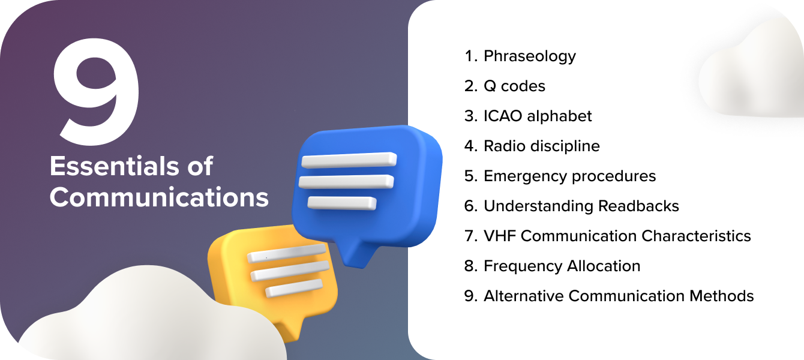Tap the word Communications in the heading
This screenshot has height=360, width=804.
[159, 197]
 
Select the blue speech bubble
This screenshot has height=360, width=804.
[366, 180]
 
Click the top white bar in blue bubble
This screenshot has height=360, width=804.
[349, 160]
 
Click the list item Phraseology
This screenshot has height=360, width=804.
[529, 56]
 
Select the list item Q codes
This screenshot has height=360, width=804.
[514, 86]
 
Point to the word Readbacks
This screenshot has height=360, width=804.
[639, 206]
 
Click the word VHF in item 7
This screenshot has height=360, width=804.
[500, 236]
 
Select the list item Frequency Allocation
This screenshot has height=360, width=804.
[562, 266]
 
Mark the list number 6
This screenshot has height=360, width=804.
[469, 206]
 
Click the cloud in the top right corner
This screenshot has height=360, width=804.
[753, 75]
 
